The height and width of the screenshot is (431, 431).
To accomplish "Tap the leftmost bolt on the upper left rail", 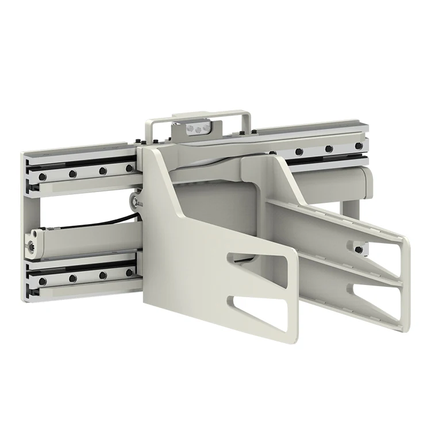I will [x=42, y=175].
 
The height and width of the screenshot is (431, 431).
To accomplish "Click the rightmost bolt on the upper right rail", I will [x=357, y=147].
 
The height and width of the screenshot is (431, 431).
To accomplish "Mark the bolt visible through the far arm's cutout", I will [x=359, y=249].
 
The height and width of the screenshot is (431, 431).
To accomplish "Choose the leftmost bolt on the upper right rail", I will [x=299, y=152].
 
